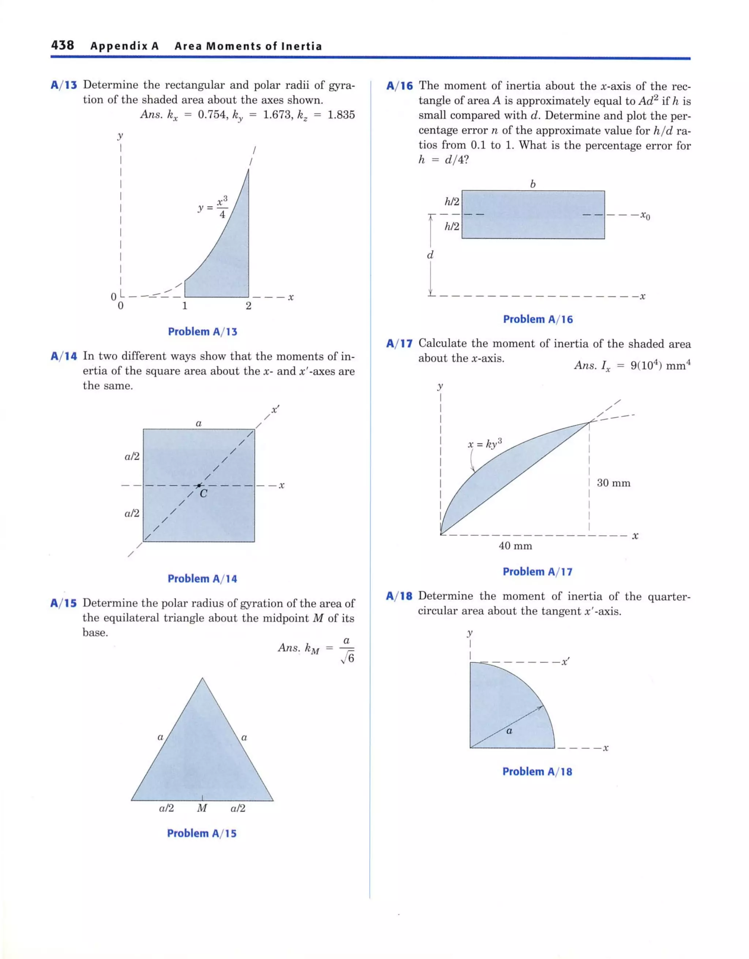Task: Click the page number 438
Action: click(63, 45)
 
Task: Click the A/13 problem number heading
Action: click(64, 85)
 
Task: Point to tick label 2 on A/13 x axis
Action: click(248, 306)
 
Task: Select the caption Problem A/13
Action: click(203, 332)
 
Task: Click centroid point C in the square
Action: click(199, 485)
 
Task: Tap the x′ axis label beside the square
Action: click(275, 410)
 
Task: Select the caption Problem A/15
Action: click(202, 834)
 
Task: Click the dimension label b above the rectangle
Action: click(532, 184)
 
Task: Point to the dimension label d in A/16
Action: click(430, 255)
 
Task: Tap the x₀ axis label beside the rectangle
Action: click(644, 216)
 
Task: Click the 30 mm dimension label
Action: click(613, 483)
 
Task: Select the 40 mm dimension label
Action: click(515, 546)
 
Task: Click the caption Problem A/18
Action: click(537, 771)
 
